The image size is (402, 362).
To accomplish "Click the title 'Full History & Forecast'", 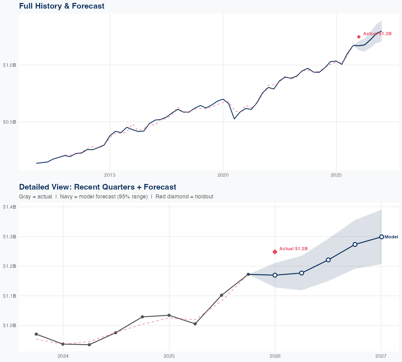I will [x=62, y=6].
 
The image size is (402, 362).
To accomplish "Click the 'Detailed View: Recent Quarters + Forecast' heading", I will [x=98, y=187].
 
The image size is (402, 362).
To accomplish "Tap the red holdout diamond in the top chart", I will [x=359, y=37].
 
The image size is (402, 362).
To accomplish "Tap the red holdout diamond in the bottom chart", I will [x=275, y=252].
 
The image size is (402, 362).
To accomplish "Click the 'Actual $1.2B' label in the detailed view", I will [x=293, y=249].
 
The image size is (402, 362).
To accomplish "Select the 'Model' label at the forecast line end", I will [x=391, y=237].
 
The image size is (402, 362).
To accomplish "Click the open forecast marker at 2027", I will [x=381, y=237].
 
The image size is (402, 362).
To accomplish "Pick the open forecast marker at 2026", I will [x=275, y=275].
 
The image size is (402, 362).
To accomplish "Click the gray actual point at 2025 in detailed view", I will [x=169, y=315].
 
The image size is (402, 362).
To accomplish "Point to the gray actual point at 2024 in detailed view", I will [x=63, y=344].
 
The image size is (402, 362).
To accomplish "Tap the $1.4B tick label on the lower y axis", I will [x=9, y=207].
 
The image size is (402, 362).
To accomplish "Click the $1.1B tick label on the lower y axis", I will [x=9, y=296].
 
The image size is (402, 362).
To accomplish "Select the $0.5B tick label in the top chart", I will [x=9, y=122].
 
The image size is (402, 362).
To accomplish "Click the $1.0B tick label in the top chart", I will [x=9, y=65].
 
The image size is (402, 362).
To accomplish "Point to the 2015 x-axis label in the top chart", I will [x=110, y=175].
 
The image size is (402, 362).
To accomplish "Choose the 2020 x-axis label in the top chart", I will [x=223, y=175].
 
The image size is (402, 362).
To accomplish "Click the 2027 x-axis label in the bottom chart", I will [x=381, y=356].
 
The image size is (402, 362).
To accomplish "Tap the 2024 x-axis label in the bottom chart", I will [x=63, y=356].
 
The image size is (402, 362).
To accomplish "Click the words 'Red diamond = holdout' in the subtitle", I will [x=184, y=197].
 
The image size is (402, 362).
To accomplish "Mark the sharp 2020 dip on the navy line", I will [x=234, y=119].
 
